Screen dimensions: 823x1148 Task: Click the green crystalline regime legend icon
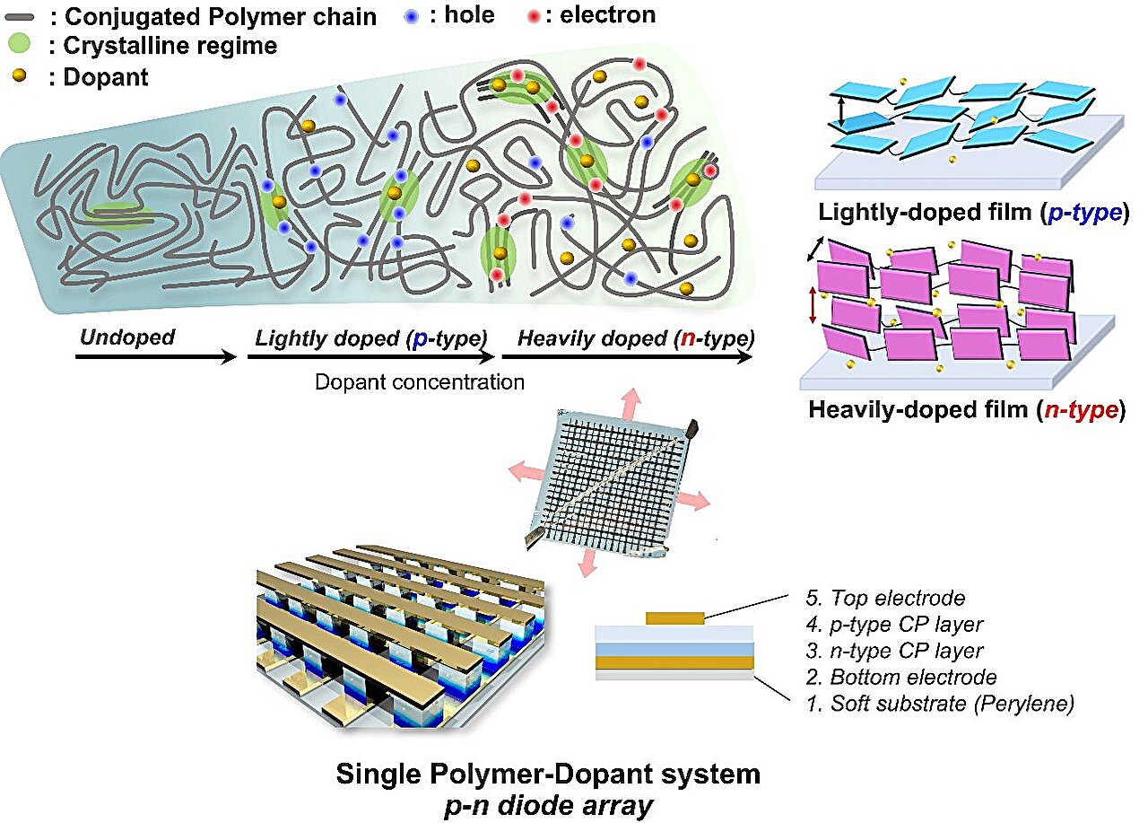pos(20,45)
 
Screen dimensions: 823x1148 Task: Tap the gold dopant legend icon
pos(19,76)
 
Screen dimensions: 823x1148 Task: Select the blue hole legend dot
pos(411,15)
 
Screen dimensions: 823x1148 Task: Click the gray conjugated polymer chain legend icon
pos(19,16)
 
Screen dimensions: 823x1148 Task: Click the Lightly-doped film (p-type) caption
pos(973,214)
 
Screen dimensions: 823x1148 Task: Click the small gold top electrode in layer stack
pos(674,617)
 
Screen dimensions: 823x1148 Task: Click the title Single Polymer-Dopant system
pos(548,774)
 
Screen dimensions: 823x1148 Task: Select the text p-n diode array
pos(548,805)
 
